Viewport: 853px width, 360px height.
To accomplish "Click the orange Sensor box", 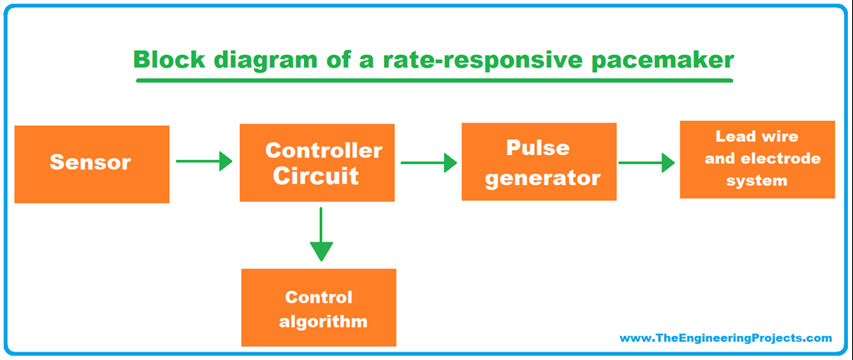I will [x=92, y=164].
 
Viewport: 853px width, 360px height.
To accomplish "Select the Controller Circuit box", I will [x=317, y=163].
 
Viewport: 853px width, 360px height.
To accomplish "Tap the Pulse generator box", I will [x=539, y=162].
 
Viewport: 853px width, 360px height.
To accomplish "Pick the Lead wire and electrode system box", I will [x=756, y=159].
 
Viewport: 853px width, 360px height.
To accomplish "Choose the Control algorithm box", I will [x=318, y=308].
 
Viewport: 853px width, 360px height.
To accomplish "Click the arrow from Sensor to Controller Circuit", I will [x=204, y=162].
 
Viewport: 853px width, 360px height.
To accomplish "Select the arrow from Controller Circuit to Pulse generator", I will [x=429, y=162].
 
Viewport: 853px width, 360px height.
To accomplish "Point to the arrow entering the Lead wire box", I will [x=646, y=162].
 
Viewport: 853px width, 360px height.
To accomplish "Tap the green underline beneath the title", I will [x=434, y=81].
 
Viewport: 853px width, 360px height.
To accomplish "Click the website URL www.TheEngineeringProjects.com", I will [x=726, y=338].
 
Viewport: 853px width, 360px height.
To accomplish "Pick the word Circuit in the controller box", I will [x=317, y=177].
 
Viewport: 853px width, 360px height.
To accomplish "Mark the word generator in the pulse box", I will [x=543, y=177].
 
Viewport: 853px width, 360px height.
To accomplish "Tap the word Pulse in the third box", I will [x=538, y=147].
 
